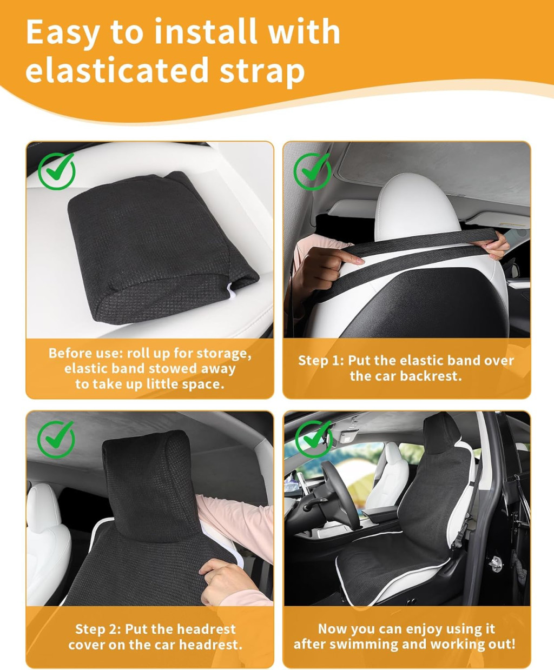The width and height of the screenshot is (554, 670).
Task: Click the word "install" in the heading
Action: point(206,31)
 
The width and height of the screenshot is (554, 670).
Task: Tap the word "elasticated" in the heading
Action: point(117,70)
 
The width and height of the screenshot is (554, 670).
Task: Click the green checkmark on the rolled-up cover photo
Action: point(57,171)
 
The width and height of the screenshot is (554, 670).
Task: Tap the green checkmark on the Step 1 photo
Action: point(312,171)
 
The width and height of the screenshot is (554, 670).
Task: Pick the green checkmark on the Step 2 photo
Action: point(56,439)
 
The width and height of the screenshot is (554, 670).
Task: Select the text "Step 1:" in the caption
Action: point(321,361)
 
